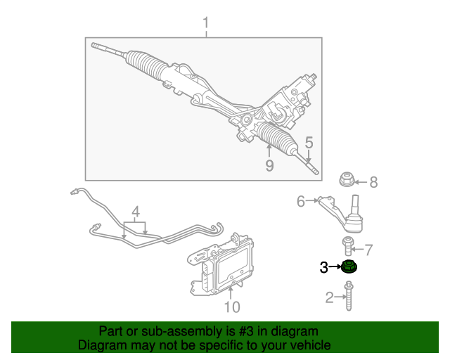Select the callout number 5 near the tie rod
[x=308, y=142]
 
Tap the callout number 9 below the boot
[x=269, y=165]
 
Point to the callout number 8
[x=373, y=183]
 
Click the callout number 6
[x=301, y=202]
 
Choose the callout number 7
[x=368, y=249]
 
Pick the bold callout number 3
[x=323, y=266]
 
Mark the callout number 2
[x=329, y=298]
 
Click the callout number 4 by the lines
[x=136, y=211]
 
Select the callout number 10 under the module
[x=231, y=307]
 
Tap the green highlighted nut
[x=349, y=266]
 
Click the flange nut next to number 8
[x=346, y=180]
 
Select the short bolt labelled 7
[x=348, y=246]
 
